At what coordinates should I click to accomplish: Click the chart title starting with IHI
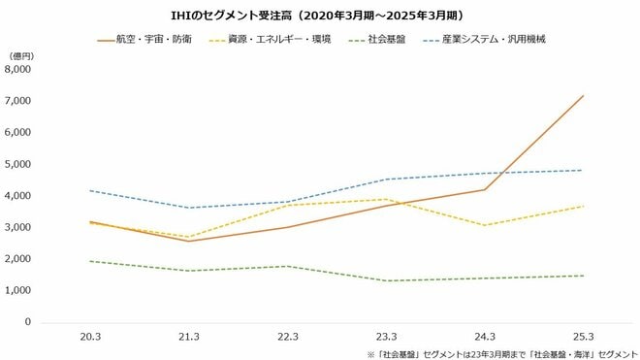[320, 15]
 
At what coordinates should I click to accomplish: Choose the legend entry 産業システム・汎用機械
[489, 41]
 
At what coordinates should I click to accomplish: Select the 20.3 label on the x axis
[90, 336]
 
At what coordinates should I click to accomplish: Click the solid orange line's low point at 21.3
[190, 241]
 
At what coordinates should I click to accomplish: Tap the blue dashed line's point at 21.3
[190, 208]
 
